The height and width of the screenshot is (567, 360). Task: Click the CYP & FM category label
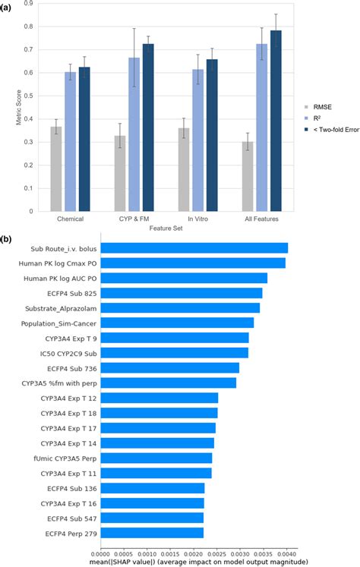coord(134,218)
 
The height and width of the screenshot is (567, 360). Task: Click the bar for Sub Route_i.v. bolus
coord(194,248)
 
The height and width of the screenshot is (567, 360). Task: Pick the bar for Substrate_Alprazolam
coord(180,307)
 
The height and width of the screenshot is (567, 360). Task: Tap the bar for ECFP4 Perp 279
coord(152,532)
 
